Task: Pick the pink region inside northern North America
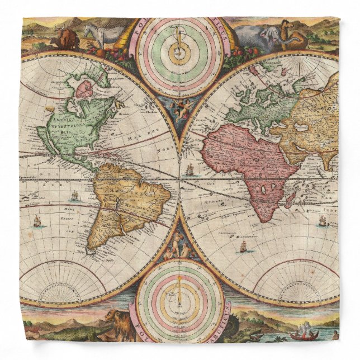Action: [86, 90]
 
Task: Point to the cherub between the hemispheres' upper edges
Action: [181, 108]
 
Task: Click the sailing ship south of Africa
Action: [243, 245]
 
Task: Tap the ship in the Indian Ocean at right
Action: [323, 221]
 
